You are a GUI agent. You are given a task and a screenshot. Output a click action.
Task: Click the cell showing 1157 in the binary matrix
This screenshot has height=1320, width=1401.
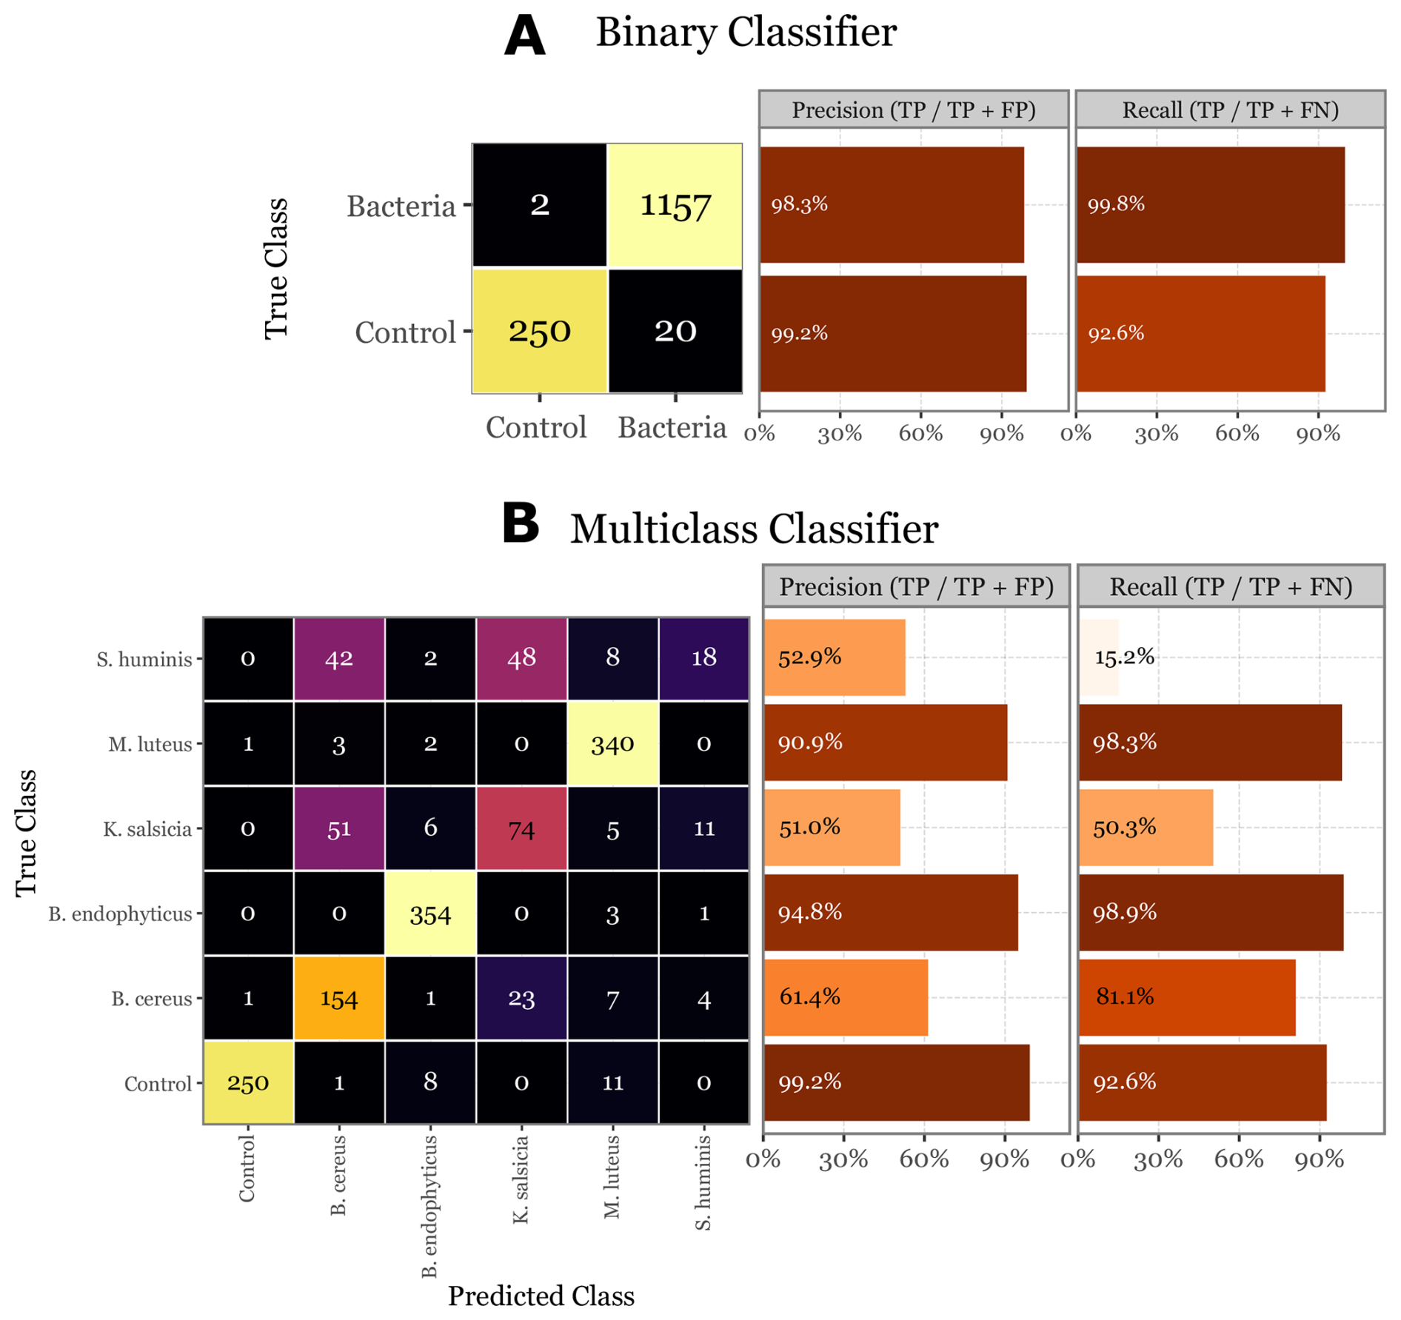pos(675,205)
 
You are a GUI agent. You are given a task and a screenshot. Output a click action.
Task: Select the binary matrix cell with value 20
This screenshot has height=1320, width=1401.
pos(675,331)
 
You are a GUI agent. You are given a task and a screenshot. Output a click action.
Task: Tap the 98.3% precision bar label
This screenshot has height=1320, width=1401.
pos(800,204)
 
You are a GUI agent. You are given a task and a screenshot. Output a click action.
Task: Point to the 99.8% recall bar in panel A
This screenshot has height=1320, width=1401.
pos(1210,204)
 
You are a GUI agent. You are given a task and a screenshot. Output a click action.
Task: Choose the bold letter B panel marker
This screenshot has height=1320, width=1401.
pos(521,523)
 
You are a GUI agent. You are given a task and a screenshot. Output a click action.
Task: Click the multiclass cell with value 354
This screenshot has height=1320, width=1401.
pos(430,915)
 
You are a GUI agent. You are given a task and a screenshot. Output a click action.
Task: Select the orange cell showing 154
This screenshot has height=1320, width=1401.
pos(339,999)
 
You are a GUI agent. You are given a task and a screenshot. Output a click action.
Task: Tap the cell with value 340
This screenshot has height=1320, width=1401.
pos(612,744)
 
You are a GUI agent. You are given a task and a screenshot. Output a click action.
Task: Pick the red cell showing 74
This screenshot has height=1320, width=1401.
pos(521,829)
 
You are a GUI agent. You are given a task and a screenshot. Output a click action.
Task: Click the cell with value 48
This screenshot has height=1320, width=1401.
pos(521,658)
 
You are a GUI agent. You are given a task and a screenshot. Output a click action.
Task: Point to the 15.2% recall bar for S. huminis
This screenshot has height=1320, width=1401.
pos(1099,657)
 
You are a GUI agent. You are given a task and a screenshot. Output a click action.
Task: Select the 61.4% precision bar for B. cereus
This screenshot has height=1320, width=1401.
pos(845,997)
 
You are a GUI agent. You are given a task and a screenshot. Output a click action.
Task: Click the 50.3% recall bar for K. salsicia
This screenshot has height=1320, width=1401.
pos(1146,828)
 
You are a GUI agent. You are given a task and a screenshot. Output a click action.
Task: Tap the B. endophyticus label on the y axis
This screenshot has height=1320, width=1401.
pos(120,914)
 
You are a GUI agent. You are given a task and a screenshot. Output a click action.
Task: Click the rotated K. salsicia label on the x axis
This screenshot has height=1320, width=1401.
pos(521,1179)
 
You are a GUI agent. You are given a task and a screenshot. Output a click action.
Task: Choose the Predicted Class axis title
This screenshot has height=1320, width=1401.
pos(541,1296)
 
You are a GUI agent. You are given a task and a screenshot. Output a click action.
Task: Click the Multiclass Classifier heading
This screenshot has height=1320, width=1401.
pos(754,529)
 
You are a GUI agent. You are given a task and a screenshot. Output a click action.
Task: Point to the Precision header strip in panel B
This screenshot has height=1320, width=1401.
pos(916,587)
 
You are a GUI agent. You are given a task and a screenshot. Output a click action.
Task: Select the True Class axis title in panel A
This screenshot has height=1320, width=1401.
pos(276,268)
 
